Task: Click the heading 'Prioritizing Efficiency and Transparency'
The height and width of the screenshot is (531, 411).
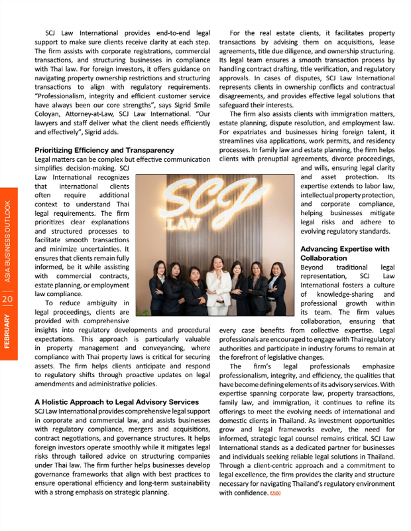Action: click(104, 151)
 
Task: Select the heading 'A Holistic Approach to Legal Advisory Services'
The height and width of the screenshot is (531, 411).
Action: click(116, 402)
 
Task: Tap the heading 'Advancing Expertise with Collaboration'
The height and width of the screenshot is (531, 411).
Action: click(345, 253)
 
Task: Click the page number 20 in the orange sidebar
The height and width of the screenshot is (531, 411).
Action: click(7, 299)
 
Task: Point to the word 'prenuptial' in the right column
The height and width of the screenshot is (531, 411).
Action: click(263, 159)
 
